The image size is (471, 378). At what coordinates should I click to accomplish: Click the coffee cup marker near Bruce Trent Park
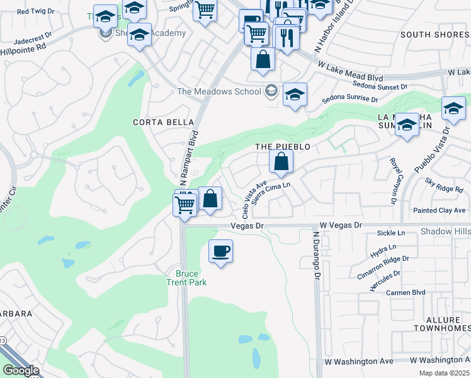click(220, 252)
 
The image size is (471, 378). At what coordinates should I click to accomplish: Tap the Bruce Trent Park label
click(186, 278)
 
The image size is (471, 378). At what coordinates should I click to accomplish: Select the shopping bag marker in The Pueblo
click(281, 162)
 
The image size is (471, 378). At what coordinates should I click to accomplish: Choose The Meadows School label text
click(219, 91)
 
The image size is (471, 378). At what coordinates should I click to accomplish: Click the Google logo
click(20, 370)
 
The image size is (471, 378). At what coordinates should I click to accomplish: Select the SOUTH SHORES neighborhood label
click(434, 35)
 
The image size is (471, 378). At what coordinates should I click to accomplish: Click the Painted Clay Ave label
click(440, 210)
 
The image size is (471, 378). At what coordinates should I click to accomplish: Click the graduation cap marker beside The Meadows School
click(295, 95)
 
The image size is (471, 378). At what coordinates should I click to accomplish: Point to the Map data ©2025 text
click(443, 373)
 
